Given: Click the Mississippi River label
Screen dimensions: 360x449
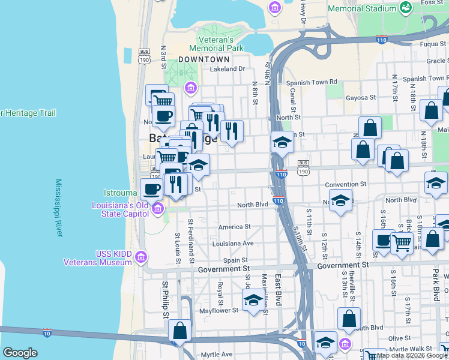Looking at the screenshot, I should [59, 208].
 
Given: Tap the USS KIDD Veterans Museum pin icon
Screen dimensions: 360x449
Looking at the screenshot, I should [141, 257].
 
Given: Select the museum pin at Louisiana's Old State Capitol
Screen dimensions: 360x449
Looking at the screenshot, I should [158, 209].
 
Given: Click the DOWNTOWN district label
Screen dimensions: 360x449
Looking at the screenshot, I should [204, 59].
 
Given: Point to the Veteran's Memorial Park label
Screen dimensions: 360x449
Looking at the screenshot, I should [216, 44].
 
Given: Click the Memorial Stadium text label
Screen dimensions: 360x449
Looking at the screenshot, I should [362, 9].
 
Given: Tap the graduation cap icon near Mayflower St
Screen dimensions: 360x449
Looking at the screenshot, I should [254, 299].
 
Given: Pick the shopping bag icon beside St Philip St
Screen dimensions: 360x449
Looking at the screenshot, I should [179, 329].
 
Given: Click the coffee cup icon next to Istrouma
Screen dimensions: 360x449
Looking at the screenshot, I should [151, 189].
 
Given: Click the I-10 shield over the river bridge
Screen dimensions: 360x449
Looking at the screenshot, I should [47, 332].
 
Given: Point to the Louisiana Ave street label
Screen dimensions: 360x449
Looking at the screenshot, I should [233, 244].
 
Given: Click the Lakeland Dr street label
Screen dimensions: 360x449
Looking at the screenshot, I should [228, 69].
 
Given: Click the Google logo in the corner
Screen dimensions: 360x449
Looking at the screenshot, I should [20, 353].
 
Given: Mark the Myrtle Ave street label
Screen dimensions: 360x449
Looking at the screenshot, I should [216, 355].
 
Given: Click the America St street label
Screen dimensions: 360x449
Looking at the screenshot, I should [234, 227].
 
